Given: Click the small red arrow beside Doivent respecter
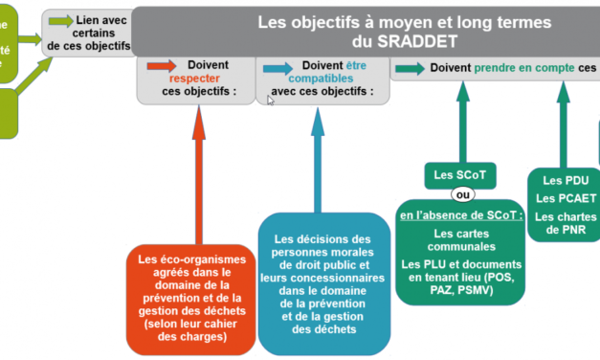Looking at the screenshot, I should click(158, 67).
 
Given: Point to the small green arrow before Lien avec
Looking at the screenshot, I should click(60, 20).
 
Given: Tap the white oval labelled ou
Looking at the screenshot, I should click(463, 195).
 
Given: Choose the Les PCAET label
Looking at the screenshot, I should click(566, 198).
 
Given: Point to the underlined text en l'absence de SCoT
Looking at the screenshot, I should click(461, 215).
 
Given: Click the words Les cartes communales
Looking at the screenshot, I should click(462, 239).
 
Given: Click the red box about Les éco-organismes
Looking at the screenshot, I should click(190, 298).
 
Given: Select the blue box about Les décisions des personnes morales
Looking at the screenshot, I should click(321, 283).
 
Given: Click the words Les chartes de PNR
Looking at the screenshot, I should click(566, 223).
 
